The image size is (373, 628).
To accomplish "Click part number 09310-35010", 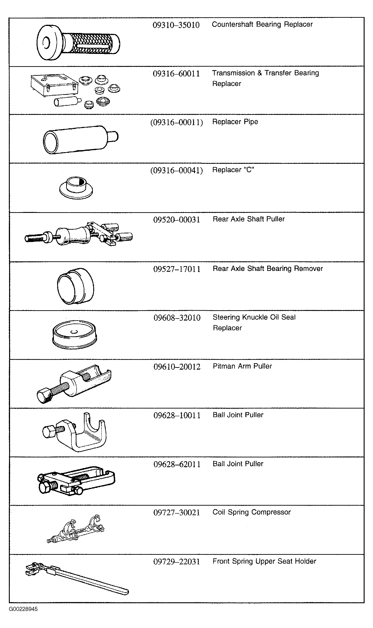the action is [176, 25].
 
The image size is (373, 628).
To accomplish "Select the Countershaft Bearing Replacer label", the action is [262, 24].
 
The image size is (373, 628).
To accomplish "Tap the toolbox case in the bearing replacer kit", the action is [54, 86].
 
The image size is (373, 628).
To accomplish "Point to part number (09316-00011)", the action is [176, 122].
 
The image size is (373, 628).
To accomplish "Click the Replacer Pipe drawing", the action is [81, 139].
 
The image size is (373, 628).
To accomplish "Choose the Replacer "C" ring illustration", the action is [76, 188].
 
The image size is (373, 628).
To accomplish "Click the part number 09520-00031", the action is [177, 220].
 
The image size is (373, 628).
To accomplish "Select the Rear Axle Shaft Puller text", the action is [249, 219].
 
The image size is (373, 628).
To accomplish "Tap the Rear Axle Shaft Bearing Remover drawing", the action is [76, 286].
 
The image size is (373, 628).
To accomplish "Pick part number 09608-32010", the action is [177, 318].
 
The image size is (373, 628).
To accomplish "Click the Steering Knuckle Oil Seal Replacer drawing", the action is [75, 335].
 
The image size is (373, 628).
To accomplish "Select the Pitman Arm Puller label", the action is [242, 366].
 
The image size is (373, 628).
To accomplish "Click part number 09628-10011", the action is [177, 415].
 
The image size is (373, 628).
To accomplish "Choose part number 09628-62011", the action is [177, 464].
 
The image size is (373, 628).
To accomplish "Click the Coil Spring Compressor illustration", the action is [76, 528].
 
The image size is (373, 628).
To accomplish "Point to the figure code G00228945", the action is [23, 609].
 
